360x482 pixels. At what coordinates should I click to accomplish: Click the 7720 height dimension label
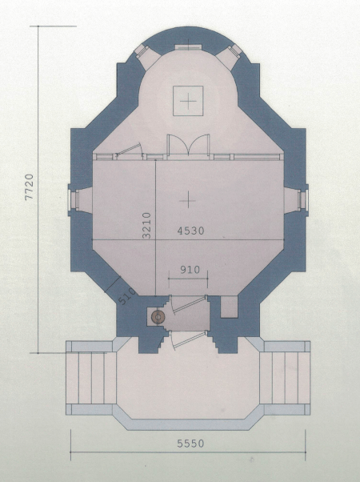(29, 187)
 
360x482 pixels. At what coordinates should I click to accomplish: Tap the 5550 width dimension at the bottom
(190, 444)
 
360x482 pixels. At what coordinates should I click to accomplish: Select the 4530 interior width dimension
(190, 231)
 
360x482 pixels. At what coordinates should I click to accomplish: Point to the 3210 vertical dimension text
(147, 225)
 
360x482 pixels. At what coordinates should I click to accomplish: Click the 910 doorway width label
(190, 270)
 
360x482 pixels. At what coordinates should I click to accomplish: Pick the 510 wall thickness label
(126, 296)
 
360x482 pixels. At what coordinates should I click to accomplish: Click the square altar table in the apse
(188, 101)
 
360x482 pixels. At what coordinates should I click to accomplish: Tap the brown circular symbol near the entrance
(158, 317)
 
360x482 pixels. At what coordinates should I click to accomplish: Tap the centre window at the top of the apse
(188, 47)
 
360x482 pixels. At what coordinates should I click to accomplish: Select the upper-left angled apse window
(142, 50)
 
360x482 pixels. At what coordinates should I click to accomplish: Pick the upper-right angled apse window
(234, 50)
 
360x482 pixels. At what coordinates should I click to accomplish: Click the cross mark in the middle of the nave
(188, 200)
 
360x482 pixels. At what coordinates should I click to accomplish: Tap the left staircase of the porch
(91, 378)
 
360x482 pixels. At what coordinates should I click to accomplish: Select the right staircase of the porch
(285, 378)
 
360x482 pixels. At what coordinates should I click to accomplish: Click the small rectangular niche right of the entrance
(230, 307)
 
